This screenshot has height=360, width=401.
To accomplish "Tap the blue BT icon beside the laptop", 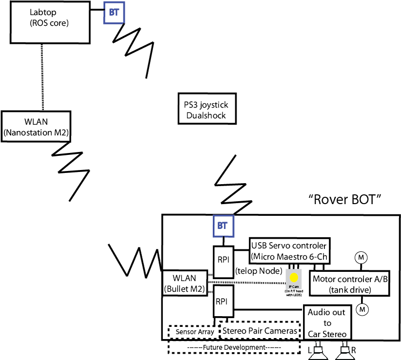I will point(114,13).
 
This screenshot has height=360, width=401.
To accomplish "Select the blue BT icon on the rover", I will point(224,226).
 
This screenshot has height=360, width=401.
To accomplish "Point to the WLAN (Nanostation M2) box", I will point(37,126).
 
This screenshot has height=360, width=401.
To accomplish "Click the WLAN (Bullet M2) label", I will point(184,284).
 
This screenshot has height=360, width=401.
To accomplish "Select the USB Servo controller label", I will point(289,250).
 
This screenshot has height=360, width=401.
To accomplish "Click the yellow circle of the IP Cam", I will point(294,277).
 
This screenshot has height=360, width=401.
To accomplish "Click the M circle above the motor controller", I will point(361,257).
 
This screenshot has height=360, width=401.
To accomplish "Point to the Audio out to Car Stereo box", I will point(327,323).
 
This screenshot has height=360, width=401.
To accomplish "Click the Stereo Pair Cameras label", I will point(260,332).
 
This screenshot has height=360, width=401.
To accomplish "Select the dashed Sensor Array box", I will point(194,332).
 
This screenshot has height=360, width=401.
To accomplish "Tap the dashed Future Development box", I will point(234,348).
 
